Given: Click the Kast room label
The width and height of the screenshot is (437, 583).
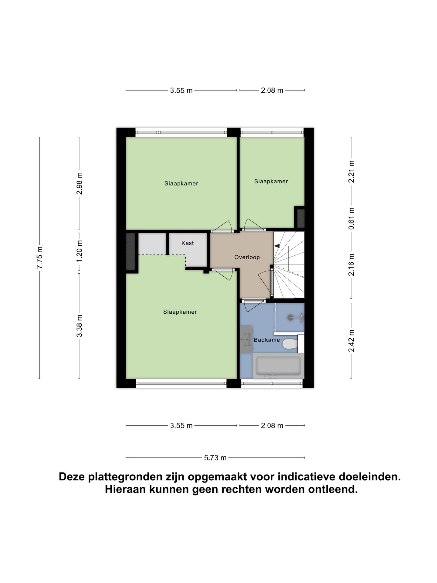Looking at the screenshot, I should [188, 243].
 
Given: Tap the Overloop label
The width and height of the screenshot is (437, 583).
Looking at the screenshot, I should [247, 257].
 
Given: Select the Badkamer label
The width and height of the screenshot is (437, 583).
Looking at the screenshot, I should [268, 340].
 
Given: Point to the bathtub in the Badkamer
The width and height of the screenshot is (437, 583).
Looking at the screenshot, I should [278, 366].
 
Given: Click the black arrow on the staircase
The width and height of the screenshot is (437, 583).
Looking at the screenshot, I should [277, 246].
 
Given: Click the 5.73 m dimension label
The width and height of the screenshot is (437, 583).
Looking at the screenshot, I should [215, 458].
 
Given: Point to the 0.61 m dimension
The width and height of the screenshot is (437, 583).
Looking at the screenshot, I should [351, 219].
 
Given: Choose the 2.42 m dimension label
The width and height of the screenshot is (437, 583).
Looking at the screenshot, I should [351, 341].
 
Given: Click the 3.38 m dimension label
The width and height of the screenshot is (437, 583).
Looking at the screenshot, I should [79, 326].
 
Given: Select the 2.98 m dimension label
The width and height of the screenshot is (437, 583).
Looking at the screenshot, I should [79, 183].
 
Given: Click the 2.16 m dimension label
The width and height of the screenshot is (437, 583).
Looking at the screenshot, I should [351, 265].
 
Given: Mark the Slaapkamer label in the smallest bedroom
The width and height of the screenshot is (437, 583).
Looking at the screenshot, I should [271, 181].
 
